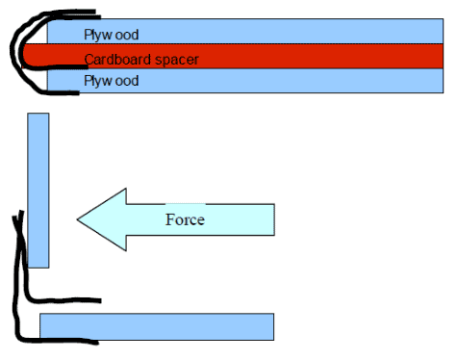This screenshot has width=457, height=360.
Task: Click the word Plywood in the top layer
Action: [x=112, y=35]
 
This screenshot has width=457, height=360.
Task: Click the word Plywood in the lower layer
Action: [x=112, y=81]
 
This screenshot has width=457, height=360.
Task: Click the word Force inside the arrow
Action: [x=185, y=219]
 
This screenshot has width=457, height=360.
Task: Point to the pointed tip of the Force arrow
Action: [x=77, y=219]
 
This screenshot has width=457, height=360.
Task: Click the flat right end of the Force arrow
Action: [x=274, y=219]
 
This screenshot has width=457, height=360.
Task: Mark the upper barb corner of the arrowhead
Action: [x=126, y=189]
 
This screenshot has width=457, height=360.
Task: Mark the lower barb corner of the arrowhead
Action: [x=126, y=250]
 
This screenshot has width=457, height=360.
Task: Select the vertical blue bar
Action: [x=38, y=191]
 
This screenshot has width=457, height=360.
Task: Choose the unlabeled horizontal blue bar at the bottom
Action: [x=157, y=326]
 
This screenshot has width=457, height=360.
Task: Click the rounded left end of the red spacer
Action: [x=23, y=56]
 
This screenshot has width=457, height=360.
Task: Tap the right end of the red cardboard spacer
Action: [x=443, y=56]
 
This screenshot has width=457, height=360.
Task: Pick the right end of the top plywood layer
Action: [x=443, y=31]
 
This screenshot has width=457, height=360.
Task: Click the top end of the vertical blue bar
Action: [x=38, y=114]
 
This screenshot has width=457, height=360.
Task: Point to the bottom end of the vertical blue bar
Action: [x=38, y=267]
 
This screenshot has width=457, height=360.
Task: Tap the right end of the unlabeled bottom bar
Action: [x=273, y=326]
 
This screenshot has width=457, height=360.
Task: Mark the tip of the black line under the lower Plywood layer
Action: [x=78, y=93]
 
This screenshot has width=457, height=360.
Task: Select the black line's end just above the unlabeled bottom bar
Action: [x=100, y=301]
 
